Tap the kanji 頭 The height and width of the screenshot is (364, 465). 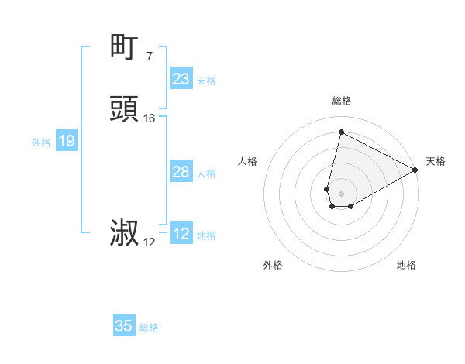click(x=125, y=109)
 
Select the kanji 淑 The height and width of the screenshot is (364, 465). click(x=125, y=233)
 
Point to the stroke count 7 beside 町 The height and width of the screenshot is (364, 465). click(x=149, y=56)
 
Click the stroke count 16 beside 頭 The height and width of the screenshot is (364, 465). click(x=149, y=118)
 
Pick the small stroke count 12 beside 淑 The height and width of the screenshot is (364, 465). click(x=149, y=242)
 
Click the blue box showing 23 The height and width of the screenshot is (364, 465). click(x=181, y=79)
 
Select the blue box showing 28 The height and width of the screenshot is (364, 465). click(x=181, y=172)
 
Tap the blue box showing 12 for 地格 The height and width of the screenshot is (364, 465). click(x=181, y=234)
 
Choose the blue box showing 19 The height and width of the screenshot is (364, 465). click(x=67, y=141)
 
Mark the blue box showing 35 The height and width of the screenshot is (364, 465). click(x=124, y=326)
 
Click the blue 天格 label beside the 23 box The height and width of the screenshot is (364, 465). click(x=206, y=81)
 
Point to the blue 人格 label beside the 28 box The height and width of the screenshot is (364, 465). click(x=206, y=173)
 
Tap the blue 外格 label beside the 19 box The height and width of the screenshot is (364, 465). click(x=41, y=143)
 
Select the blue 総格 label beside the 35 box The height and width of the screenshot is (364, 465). click(x=149, y=328)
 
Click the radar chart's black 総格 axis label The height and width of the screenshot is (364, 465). click(x=341, y=101)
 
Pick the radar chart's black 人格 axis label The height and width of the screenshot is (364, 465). click(x=248, y=161)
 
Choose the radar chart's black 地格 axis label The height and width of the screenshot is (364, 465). click(x=406, y=265)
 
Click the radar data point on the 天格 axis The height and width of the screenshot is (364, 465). click(x=415, y=170)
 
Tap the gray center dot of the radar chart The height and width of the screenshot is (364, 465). click(x=342, y=193)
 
